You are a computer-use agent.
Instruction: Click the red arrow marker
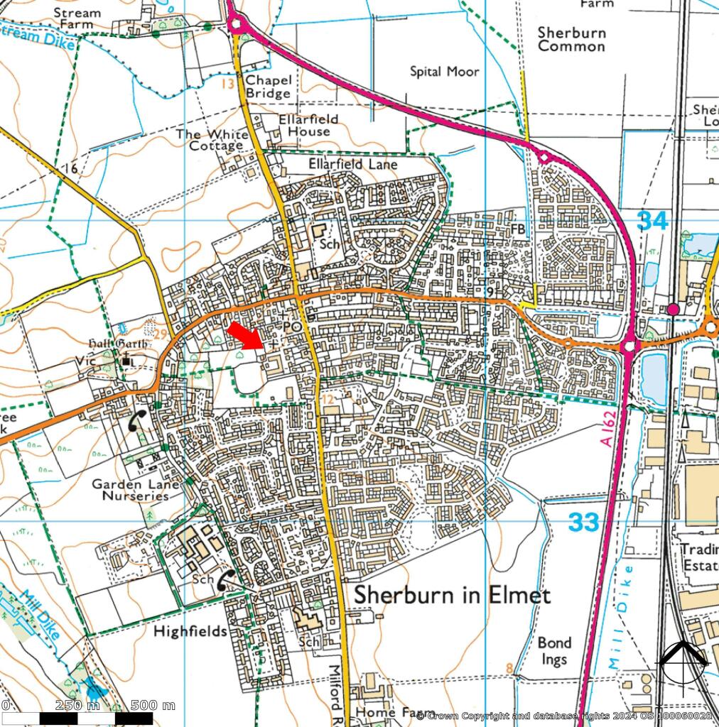[245, 335]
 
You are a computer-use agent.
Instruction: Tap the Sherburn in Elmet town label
[452, 595]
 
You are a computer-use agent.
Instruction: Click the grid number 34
[652, 221]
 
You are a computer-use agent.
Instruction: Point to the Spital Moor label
[445, 72]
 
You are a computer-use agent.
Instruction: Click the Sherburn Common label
[571, 40]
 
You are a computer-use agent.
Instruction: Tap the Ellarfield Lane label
[353, 164]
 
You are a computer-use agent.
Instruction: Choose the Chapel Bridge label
[268, 87]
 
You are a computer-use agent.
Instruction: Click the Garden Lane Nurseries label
[135, 490]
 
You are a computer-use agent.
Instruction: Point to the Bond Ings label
[553, 651]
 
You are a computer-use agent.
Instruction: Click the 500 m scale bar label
[152, 706]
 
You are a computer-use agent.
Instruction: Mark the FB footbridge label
[518, 229]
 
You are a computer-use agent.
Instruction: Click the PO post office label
[292, 326]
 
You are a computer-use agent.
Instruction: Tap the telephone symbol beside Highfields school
[228, 580]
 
